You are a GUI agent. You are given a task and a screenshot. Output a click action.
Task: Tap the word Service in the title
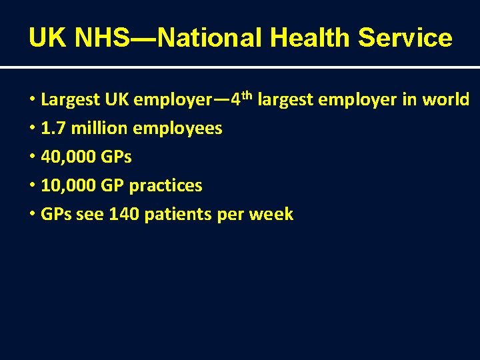(405, 38)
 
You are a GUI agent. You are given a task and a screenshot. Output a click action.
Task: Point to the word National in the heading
(213, 38)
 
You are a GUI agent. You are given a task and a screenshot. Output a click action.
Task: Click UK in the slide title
(48, 38)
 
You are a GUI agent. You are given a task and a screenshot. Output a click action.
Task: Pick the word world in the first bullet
(446, 100)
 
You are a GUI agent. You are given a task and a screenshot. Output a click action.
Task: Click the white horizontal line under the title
(240, 67)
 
